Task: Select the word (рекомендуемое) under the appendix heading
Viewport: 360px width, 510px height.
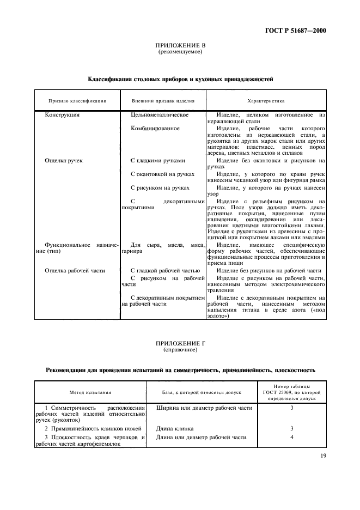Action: point(180,52)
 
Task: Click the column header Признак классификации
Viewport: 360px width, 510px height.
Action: point(77,101)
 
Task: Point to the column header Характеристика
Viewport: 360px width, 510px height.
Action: point(266,101)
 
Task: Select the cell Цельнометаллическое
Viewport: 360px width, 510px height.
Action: point(160,115)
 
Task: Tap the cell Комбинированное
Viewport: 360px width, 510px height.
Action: point(155,128)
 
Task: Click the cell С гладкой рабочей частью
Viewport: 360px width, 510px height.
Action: point(165,270)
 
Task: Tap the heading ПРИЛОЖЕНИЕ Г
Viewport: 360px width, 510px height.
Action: point(180,344)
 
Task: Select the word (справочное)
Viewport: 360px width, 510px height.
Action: point(180,350)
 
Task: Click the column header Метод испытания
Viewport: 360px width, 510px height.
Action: point(90,392)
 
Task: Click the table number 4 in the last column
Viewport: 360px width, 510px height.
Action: point(291,437)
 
